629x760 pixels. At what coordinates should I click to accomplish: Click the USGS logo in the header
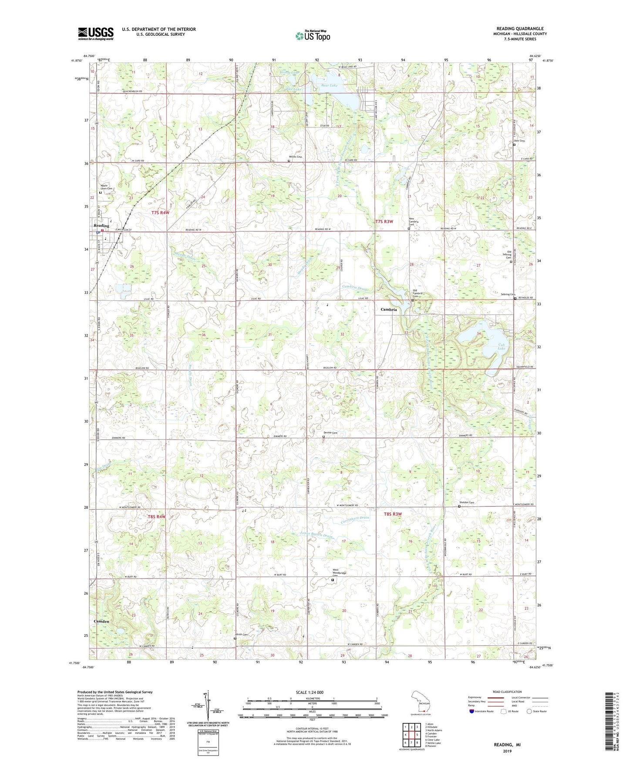coord(96,34)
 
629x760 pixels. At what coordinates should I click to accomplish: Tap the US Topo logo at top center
coord(312,36)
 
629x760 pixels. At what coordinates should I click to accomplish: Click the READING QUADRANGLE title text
coord(520,29)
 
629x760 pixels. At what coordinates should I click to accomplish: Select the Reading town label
coord(101,226)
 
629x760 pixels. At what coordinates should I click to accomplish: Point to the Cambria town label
coord(389,309)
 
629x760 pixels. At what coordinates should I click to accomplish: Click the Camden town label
coord(102,621)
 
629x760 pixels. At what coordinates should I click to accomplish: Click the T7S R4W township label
coord(160,213)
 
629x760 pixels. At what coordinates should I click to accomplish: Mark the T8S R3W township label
coord(393,514)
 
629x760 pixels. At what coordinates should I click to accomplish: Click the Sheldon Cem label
coord(466,502)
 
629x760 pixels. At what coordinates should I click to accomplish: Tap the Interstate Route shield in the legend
coord(473,712)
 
